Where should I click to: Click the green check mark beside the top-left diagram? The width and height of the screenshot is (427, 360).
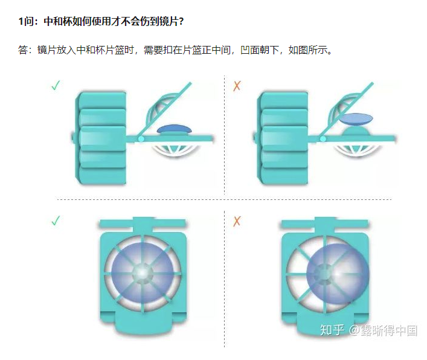pyautogui.click(x=56, y=86)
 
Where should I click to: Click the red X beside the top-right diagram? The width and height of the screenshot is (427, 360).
pyautogui.click(x=237, y=86)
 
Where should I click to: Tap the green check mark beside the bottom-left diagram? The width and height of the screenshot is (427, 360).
pyautogui.click(x=56, y=220)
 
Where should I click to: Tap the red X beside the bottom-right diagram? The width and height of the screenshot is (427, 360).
pyautogui.click(x=237, y=221)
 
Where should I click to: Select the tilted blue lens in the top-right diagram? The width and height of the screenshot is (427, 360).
pyautogui.click(x=356, y=119)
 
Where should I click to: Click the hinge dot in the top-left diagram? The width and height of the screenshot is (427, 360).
pyautogui.click(x=141, y=139)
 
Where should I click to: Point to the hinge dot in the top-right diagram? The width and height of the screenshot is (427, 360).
pyautogui.click(x=323, y=139)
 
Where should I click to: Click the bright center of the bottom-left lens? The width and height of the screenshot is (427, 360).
pyautogui.click(x=142, y=272)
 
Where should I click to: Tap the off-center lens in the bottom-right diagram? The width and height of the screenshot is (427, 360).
pyautogui.click(x=338, y=274)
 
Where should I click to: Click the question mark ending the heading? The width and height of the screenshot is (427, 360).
pyautogui.click(x=181, y=21)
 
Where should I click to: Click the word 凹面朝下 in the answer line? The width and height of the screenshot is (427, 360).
pyautogui.click(x=259, y=50)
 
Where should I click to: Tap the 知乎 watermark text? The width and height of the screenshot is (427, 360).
pyautogui.click(x=332, y=330)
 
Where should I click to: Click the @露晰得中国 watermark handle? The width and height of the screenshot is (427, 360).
pyautogui.click(x=383, y=330)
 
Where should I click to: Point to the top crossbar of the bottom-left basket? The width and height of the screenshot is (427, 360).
pyautogui.click(x=143, y=223)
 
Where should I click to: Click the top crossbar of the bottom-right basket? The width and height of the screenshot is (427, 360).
pyautogui.click(x=324, y=223)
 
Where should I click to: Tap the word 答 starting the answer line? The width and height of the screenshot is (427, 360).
pyautogui.click(x=23, y=50)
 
